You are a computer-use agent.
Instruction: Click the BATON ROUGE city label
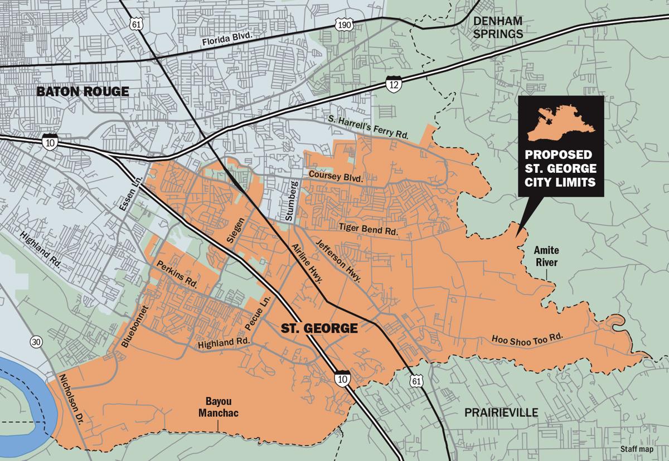point(83,91)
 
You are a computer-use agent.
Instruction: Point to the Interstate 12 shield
point(392,84)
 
